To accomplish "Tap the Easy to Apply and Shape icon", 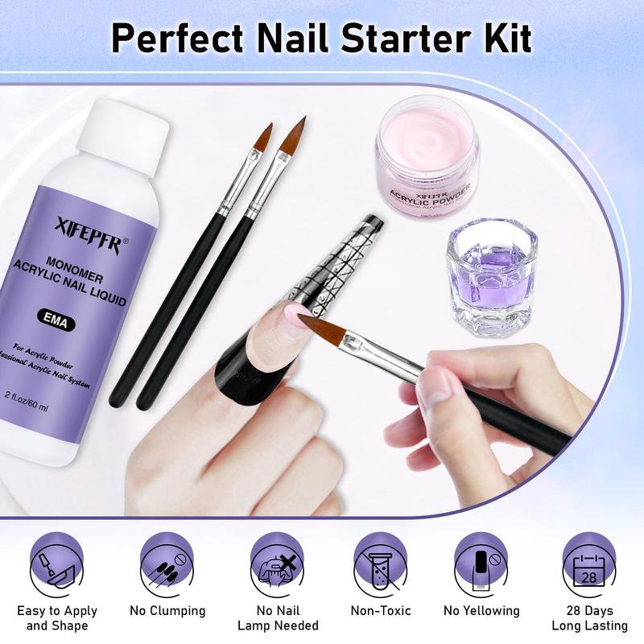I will [57, 563].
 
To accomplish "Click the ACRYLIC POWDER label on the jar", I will [427, 198].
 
